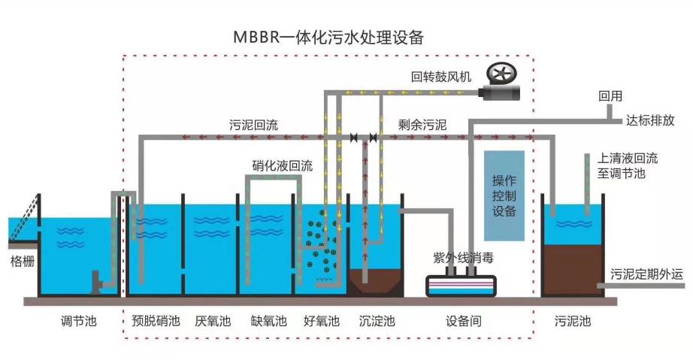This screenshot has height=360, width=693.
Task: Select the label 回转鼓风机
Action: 440,77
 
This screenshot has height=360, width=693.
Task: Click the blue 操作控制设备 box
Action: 504,196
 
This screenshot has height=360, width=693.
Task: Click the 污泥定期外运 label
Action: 647,274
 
